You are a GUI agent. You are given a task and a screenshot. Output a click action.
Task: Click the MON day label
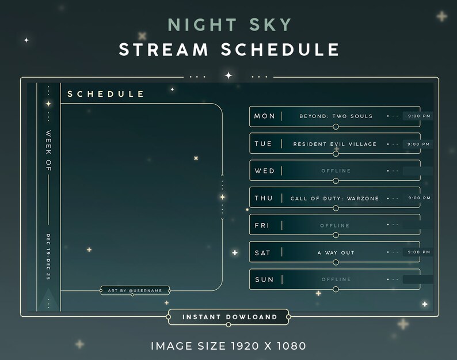[265, 116]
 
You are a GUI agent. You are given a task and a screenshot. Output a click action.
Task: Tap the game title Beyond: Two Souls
[336, 116]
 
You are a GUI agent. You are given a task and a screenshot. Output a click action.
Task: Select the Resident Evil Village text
[335, 144]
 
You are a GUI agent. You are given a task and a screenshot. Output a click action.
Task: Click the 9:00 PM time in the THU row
[419, 198]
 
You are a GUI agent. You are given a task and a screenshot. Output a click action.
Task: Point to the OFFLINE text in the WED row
[336, 171]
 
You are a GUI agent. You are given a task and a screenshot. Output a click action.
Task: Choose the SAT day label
[262, 253]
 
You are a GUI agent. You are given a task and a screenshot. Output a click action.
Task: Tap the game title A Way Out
[336, 253]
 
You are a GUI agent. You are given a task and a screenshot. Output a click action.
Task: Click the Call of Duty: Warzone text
[335, 199]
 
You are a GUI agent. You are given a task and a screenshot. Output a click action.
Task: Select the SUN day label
[264, 280]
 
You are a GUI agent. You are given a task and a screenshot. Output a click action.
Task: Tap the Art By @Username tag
[135, 291]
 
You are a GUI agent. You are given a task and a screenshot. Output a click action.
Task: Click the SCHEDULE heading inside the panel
[106, 94]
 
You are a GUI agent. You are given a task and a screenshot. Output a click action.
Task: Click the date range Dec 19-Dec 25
[48, 257]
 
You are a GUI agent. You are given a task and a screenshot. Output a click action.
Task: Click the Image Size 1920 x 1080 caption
[228, 346]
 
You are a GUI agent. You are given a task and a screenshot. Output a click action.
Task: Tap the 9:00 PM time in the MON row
[419, 116]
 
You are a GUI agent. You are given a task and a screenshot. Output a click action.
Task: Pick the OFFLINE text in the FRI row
[336, 226]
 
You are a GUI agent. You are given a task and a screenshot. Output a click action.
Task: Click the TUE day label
[264, 144]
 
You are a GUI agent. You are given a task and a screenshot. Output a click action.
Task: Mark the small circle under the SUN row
[336, 290]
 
